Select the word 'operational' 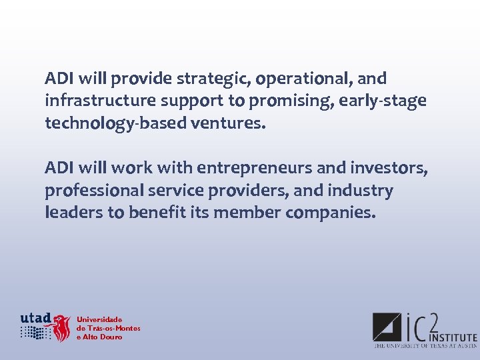tap(303, 79)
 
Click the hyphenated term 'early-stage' tap(383, 101)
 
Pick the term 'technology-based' tap(107, 124)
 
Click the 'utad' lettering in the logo tap(35, 318)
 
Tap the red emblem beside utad tap(62, 328)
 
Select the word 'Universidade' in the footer tap(99, 320)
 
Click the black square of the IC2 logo tap(386, 327)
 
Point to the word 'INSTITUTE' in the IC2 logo tap(453, 338)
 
